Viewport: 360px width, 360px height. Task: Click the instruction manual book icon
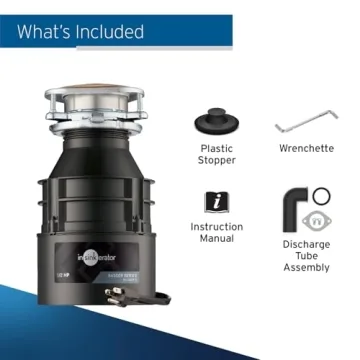click(x=216, y=202)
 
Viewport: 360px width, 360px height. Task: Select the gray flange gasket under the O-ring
click(x=319, y=220)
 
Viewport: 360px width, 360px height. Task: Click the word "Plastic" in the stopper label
click(x=216, y=148)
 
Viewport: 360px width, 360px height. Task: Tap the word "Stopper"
click(x=216, y=160)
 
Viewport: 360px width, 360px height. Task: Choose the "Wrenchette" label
click(x=305, y=148)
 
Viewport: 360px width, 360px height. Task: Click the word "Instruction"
click(x=216, y=228)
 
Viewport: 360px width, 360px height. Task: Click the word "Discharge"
click(x=305, y=244)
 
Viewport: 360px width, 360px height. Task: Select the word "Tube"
click(x=305, y=257)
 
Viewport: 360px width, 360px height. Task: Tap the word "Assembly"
click(x=305, y=269)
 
